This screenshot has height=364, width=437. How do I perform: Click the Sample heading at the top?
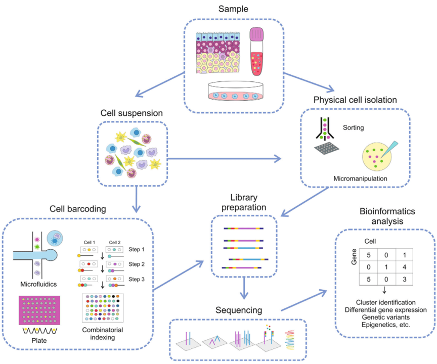[x=233, y=9]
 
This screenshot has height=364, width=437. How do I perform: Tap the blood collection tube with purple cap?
[x=256, y=52]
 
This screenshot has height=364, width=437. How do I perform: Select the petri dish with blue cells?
[x=235, y=91]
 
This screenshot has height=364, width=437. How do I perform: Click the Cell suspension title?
[x=132, y=113]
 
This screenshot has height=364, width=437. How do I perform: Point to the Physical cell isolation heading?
[x=355, y=100]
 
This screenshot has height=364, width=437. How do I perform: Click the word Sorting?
[x=354, y=127]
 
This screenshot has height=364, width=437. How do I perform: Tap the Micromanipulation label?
[x=360, y=178]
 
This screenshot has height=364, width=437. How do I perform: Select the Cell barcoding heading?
[x=78, y=209]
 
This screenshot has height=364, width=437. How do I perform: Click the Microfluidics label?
[x=38, y=284]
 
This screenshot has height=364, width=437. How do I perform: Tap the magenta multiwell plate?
[x=39, y=310]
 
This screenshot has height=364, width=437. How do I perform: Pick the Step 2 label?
[x=137, y=264]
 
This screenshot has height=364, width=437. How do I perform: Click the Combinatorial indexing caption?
[x=103, y=334]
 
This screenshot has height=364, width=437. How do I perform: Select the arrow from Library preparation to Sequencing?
[x=244, y=288]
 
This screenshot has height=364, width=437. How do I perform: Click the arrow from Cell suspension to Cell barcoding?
[x=136, y=199]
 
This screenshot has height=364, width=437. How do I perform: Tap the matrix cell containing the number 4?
[x=405, y=267]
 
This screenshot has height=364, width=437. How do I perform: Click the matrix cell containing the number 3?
[x=405, y=280]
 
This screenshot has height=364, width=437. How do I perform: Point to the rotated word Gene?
[x=354, y=257]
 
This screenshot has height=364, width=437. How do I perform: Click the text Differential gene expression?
[x=386, y=310]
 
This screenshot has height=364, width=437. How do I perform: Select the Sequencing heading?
[x=239, y=310]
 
